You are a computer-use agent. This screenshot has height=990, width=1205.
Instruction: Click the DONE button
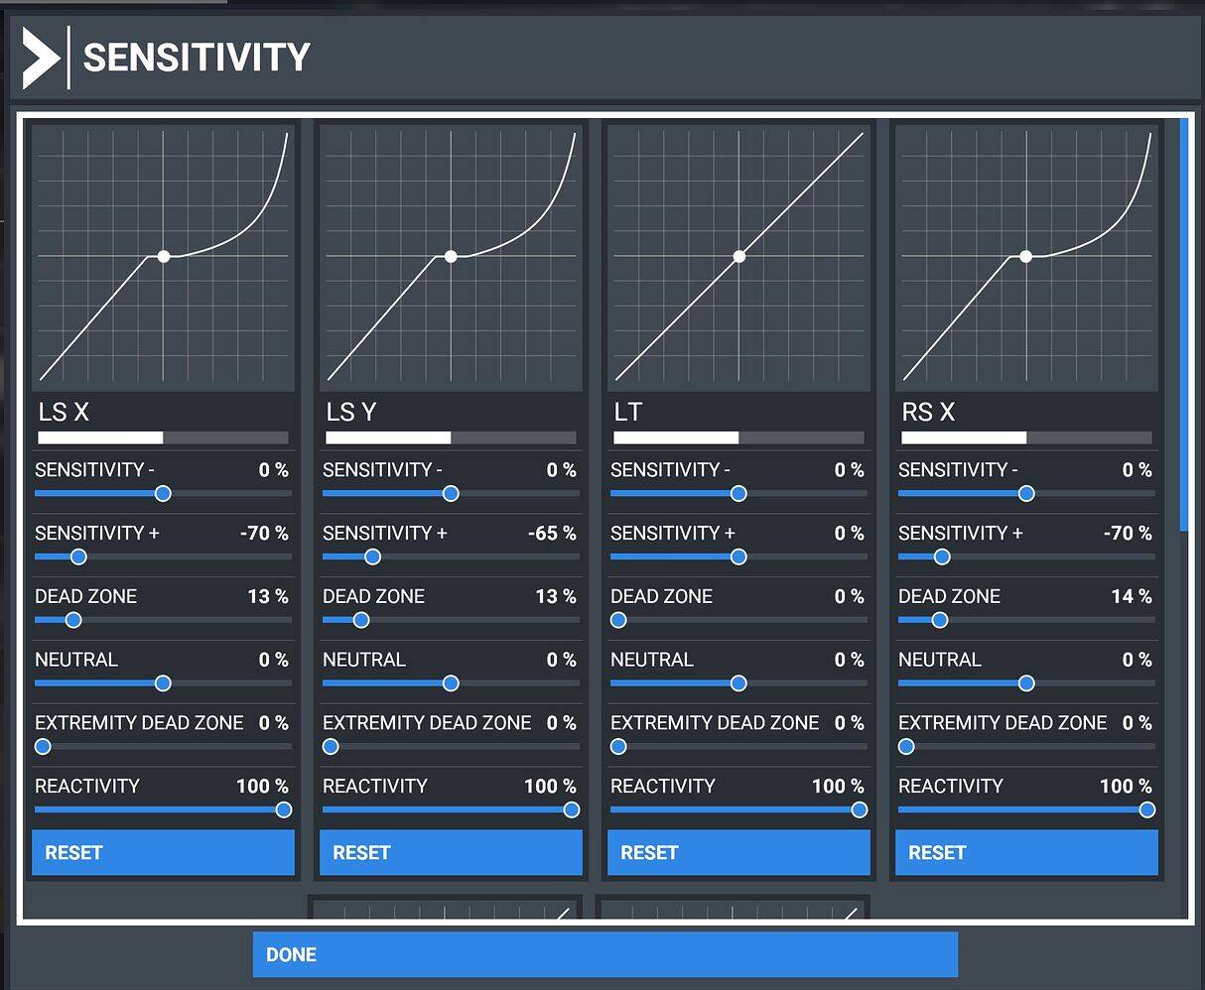604,954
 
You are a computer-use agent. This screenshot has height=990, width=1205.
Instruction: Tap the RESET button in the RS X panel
1026,852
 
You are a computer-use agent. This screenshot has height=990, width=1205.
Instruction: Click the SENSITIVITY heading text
197,58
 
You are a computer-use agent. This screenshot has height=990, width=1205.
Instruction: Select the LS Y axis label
350,412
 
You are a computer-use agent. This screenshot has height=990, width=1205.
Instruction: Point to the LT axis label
628,412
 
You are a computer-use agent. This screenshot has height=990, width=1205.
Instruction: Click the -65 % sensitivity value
552,533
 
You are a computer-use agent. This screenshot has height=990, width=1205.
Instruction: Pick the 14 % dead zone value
1132,596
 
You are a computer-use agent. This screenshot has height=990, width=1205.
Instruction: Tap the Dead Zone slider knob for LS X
72,620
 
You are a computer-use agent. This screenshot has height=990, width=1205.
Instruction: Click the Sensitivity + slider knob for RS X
942,557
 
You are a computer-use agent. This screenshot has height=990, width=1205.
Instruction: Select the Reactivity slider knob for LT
859,809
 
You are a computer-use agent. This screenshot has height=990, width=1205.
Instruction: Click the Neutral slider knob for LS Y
451,682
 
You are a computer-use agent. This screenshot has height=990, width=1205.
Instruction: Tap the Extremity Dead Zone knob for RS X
906,746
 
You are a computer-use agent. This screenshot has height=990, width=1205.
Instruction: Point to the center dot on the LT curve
738,256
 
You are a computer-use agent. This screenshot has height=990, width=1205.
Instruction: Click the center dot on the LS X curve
164,256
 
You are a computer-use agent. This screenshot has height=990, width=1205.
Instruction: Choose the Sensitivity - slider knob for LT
738,493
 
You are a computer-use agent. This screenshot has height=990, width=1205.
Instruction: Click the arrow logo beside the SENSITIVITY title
41,58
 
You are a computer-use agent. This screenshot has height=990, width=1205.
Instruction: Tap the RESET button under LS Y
451,852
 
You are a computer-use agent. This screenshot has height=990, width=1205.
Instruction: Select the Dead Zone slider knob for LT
618,620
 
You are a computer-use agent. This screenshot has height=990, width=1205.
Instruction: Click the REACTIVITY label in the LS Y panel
375,786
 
